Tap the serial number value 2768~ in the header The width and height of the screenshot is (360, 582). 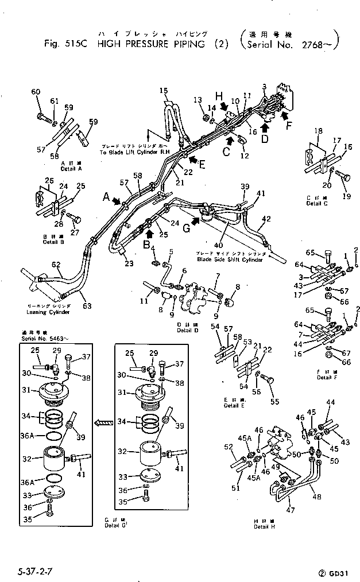[x=319, y=44]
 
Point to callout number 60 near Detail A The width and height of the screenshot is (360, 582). [x=36, y=92]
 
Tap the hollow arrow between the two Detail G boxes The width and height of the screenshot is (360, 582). [x=104, y=423]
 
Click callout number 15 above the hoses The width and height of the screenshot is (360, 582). [x=164, y=91]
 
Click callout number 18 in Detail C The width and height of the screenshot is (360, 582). [x=319, y=131]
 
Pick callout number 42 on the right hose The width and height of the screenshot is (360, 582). [x=265, y=219]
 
